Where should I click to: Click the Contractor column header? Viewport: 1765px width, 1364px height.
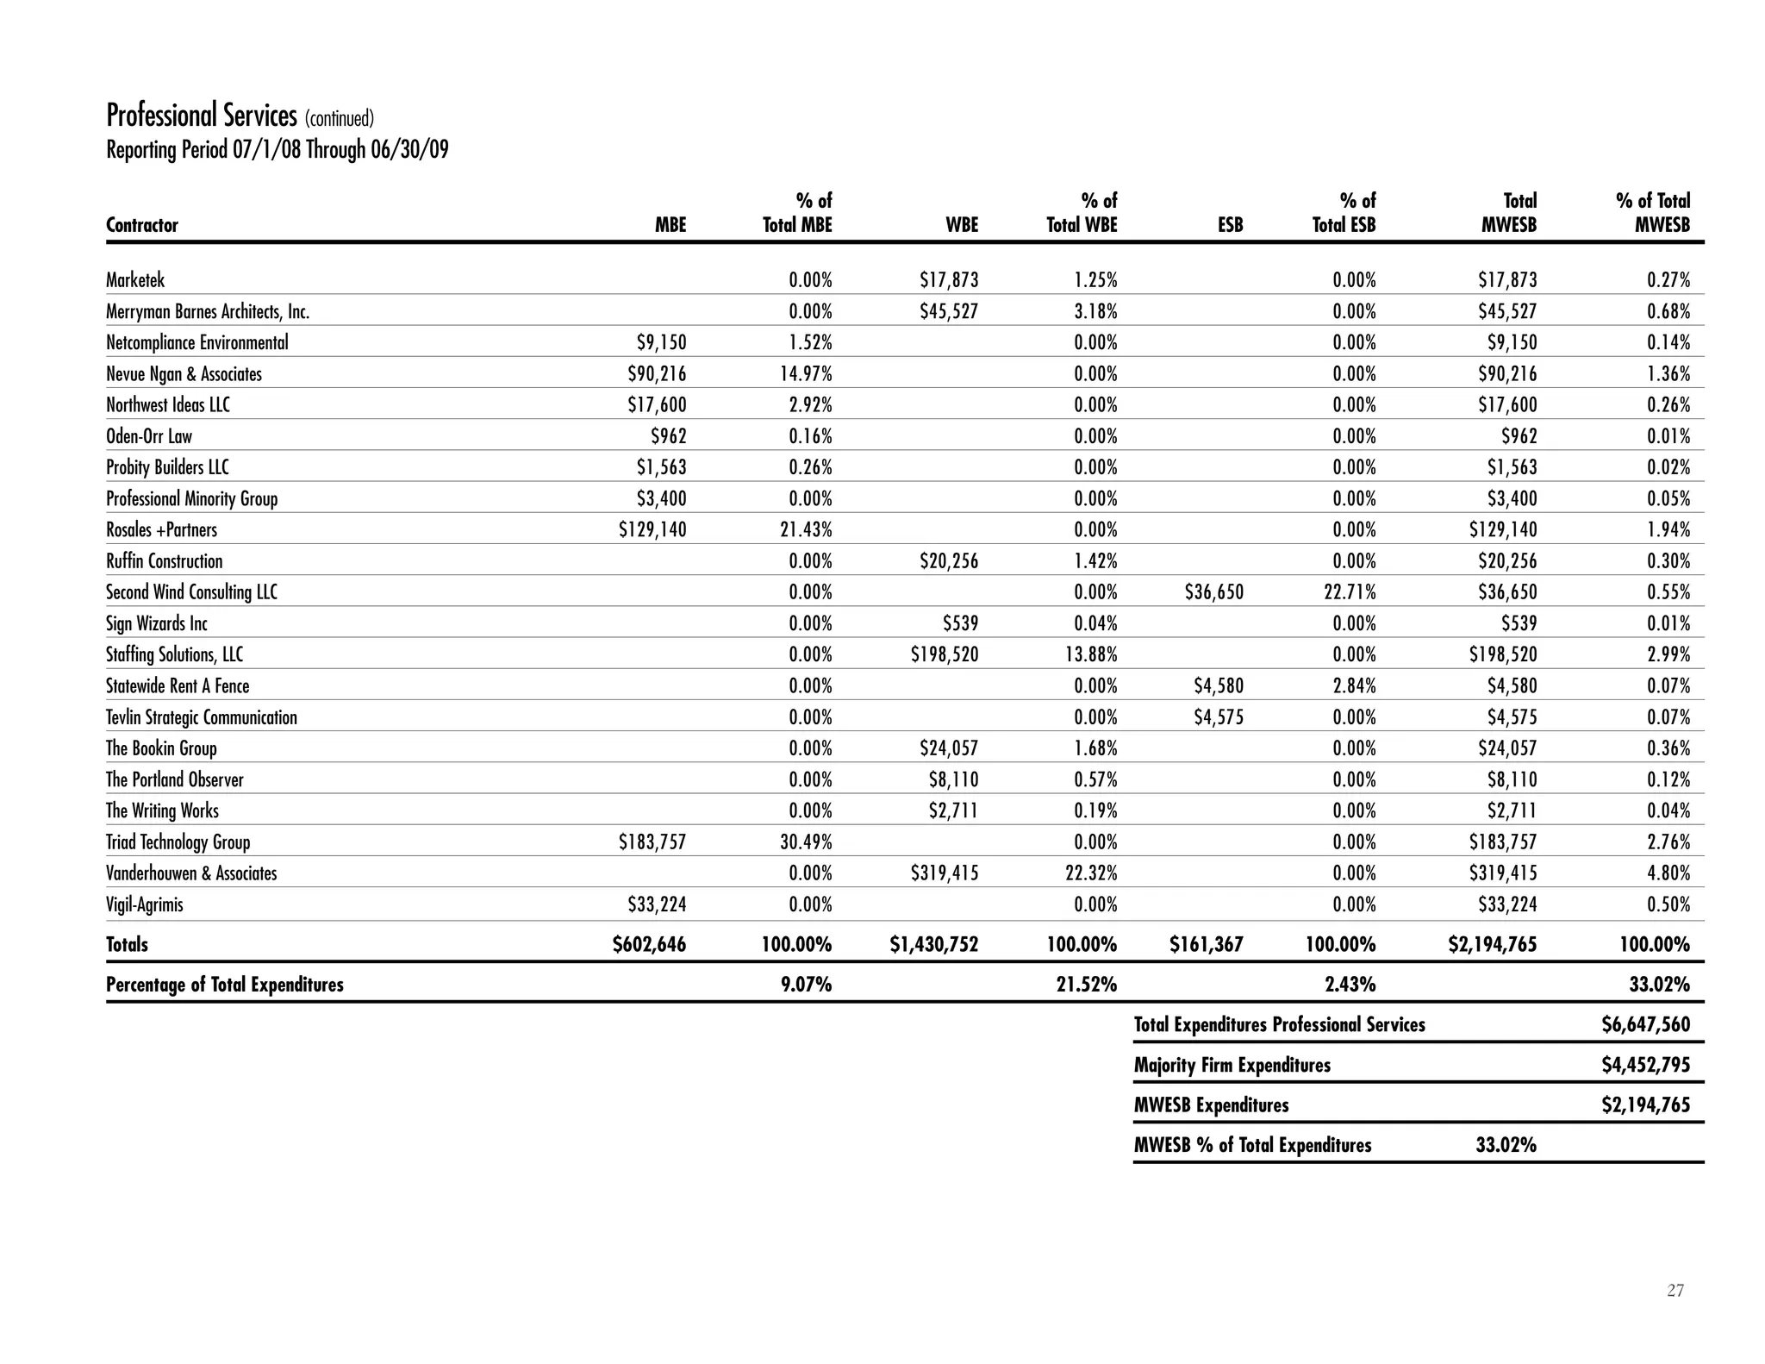pyautogui.click(x=141, y=225)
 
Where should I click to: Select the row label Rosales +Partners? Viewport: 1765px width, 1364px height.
pyautogui.click(x=161, y=529)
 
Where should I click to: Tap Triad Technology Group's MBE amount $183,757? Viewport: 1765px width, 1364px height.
pyautogui.click(x=652, y=842)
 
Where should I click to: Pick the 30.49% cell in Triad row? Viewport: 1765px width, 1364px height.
pyautogui.click(x=806, y=842)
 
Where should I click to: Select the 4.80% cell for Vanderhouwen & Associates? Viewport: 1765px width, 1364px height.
pyautogui.click(x=1669, y=873)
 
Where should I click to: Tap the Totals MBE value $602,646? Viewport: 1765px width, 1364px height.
pyautogui.click(x=649, y=944)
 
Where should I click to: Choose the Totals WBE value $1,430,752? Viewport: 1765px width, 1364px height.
pyautogui.click(x=933, y=944)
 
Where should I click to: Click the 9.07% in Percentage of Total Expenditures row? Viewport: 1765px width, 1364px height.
pyautogui.click(x=806, y=985)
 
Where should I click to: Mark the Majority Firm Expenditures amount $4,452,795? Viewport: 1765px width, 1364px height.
pyautogui.click(x=1645, y=1065)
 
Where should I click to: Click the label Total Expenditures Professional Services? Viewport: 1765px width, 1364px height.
pyautogui.click(x=1279, y=1024)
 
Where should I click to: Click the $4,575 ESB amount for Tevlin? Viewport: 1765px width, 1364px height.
pyautogui.click(x=1218, y=717)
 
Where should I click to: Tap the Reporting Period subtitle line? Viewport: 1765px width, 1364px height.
pyautogui.click(x=277, y=150)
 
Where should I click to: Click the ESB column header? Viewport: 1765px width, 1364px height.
pyautogui.click(x=1230, y=225)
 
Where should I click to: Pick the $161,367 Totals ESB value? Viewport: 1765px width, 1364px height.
pyautogui.click(x=1206, y=944)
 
